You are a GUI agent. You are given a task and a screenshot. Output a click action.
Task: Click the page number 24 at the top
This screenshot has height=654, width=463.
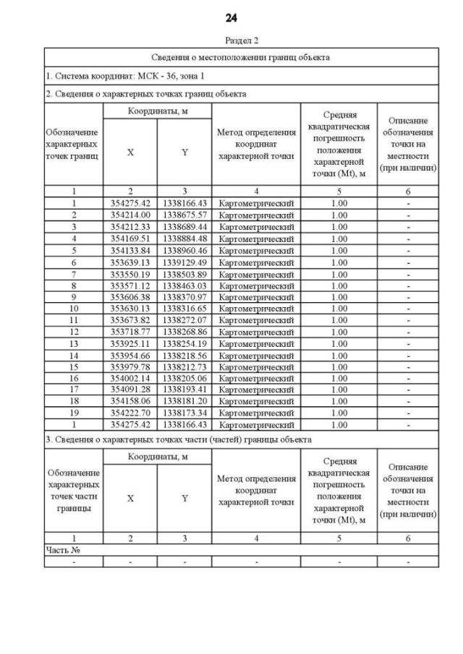[231, 17]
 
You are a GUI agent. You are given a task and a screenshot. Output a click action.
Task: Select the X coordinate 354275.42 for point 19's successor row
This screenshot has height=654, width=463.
[130, 426]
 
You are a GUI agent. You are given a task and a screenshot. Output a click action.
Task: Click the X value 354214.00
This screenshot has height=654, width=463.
[130, 215]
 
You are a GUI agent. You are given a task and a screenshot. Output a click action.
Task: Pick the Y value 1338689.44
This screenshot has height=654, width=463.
[185, 226]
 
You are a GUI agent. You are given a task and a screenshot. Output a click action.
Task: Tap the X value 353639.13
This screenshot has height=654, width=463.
[130, 262]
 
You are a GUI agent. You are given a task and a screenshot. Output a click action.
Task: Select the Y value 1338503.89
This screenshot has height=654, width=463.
[185, 273]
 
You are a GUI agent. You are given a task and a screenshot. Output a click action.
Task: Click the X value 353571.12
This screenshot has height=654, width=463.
[130, 285]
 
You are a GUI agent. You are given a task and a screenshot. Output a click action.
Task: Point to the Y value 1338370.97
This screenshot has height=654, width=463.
[185, 297]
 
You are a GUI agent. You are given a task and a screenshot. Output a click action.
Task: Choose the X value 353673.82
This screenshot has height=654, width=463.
[130, 320]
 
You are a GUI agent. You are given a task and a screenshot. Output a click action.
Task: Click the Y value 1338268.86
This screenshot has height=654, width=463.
[185, 332]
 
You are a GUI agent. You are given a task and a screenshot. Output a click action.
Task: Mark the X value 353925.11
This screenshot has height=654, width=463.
[130, 343]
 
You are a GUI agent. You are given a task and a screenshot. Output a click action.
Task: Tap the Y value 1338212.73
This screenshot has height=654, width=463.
[185, 367]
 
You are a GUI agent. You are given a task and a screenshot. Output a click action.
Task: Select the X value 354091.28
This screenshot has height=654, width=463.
[130, 390]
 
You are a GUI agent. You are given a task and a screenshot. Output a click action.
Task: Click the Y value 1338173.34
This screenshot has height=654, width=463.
[185, 414]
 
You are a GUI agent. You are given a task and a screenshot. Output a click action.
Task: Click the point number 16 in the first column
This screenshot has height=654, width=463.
[74, 379]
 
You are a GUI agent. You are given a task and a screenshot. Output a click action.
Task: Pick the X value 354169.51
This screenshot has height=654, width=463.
[130, 238]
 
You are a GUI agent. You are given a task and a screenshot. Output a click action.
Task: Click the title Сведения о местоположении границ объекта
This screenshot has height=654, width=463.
[242, 57]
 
